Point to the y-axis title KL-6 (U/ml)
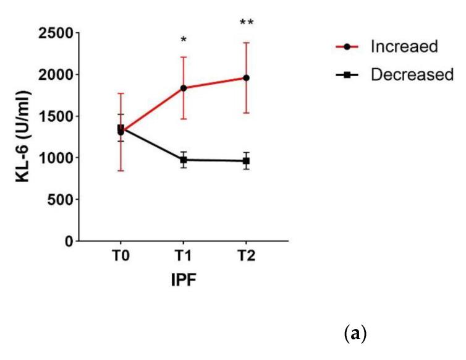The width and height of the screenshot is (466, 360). pos(25,137)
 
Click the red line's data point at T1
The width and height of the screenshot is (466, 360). pos(184,88)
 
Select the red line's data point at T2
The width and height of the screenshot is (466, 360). pos(246,78)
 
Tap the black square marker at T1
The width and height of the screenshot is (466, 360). pos(184,160)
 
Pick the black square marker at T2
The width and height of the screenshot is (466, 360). pos(246,161)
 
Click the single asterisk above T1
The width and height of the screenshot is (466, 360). pos(184,41)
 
